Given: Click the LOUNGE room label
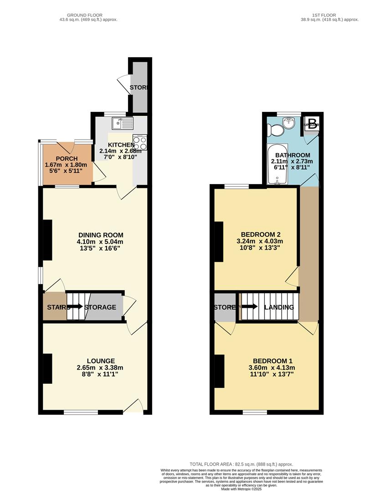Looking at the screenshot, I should (100, 361).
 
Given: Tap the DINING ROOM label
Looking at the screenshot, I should (100, 235).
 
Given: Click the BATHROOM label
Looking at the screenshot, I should (293, 155).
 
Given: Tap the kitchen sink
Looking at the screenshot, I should (122, 123).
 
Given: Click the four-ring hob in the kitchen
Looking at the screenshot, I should (139, 143).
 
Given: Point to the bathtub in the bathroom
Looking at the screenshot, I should (277, 165).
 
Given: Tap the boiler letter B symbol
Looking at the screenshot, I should (312, 124).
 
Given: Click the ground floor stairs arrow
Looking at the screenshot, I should (75, 307).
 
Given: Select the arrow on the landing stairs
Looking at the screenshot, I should (249, 306).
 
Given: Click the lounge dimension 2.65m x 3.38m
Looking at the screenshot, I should (100, 368).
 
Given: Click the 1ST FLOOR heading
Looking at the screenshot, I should (325, 15).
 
